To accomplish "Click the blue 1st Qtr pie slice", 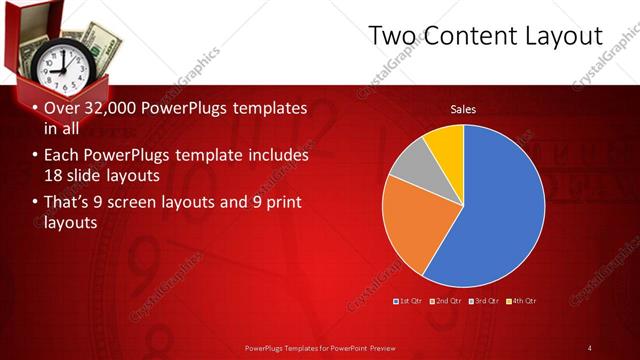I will coord(500,200).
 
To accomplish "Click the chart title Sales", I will coord(463,109).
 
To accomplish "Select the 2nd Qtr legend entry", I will coord(446,300).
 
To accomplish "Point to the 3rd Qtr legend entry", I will coord(484,300).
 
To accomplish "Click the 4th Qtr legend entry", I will coord(521,300).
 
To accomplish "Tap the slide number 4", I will coord(589,347).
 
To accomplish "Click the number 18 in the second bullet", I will coord(54,176).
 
